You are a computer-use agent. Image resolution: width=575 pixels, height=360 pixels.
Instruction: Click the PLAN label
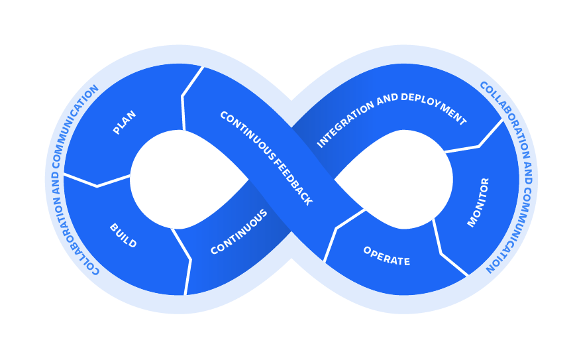[x=125, y=123]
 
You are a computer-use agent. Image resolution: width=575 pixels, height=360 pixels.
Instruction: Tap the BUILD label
[x=123, y=236]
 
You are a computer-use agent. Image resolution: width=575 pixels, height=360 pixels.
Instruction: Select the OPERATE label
[x=386, y=256]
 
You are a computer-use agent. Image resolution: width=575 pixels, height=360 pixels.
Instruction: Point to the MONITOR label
[x=478, y=202]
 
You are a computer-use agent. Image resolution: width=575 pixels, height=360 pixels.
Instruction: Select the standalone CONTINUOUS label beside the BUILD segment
[x=239, y=232]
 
